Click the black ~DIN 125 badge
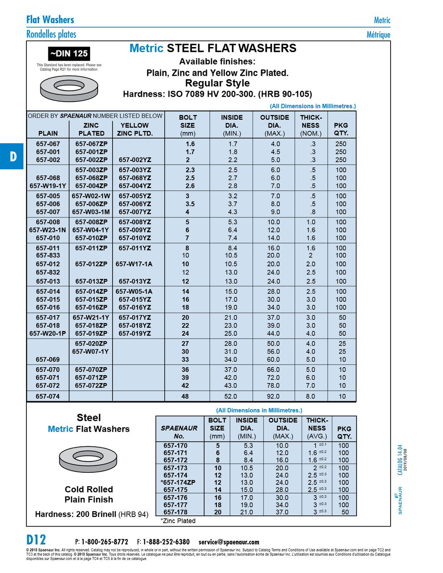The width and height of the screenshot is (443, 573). (69, 54)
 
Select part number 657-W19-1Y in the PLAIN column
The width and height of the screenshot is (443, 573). (48, 186)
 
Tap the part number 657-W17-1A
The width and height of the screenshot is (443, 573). (134, 264)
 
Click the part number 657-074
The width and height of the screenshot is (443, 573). (48, 396)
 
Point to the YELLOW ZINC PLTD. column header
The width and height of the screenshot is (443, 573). (135, 129)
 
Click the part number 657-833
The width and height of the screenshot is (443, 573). (48, 256)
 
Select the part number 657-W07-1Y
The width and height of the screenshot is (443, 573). (90, 352)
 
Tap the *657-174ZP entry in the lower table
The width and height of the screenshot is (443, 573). (178, 483)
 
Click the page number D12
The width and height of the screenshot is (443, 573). (36, 539)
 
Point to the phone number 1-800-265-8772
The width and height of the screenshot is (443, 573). (104, 542)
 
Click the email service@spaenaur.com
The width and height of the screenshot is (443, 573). (229, 542)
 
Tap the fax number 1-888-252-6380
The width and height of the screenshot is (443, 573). (166, 542)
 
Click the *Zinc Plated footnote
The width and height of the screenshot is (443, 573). (178, 521)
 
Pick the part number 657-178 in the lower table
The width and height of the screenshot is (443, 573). (176, 512)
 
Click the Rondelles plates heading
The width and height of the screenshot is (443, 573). (51, 34)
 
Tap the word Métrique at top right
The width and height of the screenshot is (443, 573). (378, 34)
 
